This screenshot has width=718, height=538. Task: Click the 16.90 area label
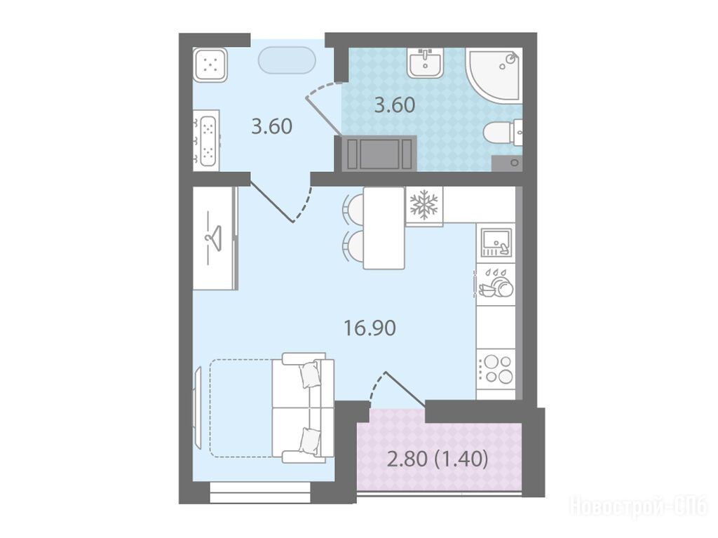pos(370,328)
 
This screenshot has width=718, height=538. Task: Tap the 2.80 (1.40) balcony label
pos(438,459)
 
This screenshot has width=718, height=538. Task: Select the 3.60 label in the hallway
pos(272,126)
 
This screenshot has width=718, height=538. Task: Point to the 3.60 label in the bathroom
pos(395,105)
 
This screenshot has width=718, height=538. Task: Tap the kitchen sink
pos(496,243)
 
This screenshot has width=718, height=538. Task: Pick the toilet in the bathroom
pos(503,133)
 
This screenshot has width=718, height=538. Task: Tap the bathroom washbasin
pos(426,62)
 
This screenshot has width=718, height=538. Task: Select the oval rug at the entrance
pos(287,60)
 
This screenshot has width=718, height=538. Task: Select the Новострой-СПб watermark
pos(638,507)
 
